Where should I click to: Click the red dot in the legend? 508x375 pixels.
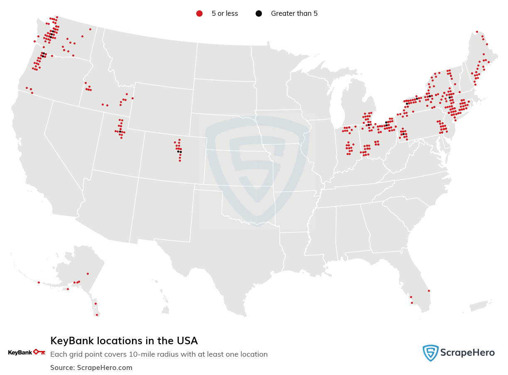[199, 14]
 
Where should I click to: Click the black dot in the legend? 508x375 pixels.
[259, 14]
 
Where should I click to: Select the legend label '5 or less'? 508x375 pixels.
[225, 14]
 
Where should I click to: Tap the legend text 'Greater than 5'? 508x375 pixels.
[294, 14]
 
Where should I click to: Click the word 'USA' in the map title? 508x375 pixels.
[186, 341]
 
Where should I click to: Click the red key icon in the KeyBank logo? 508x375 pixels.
[39, 352]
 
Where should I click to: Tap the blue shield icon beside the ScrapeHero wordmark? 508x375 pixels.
[430, 353]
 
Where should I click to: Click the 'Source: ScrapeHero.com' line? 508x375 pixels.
[91, 368]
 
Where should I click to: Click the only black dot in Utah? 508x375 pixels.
[120, 131]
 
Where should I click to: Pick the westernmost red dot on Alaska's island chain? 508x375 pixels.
[39, 282]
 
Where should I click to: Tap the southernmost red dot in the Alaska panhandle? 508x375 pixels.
[97, 315]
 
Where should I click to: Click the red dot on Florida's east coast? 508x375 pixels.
[429, 291]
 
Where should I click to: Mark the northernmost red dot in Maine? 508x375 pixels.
[477, 32]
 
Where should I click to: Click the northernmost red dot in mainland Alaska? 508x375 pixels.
[88, 274]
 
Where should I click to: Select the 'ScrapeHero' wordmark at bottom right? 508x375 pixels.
[467, 353]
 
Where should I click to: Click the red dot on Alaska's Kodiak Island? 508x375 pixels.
[68, 289]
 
